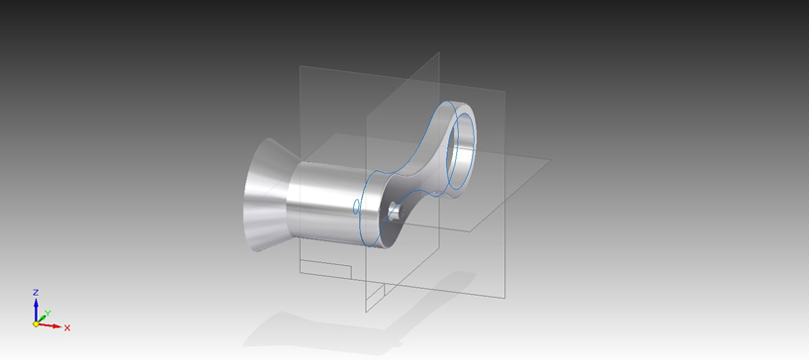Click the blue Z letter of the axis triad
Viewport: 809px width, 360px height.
click(36, 293)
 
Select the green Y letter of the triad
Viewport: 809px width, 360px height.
click(47, 314)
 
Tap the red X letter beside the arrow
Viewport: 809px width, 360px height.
click(67, 327)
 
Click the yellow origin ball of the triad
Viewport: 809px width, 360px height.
click(36, 323)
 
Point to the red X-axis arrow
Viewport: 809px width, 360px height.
click(50, 325)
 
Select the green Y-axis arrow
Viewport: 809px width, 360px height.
click(41, 319)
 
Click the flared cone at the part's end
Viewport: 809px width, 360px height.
click(265, 195)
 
